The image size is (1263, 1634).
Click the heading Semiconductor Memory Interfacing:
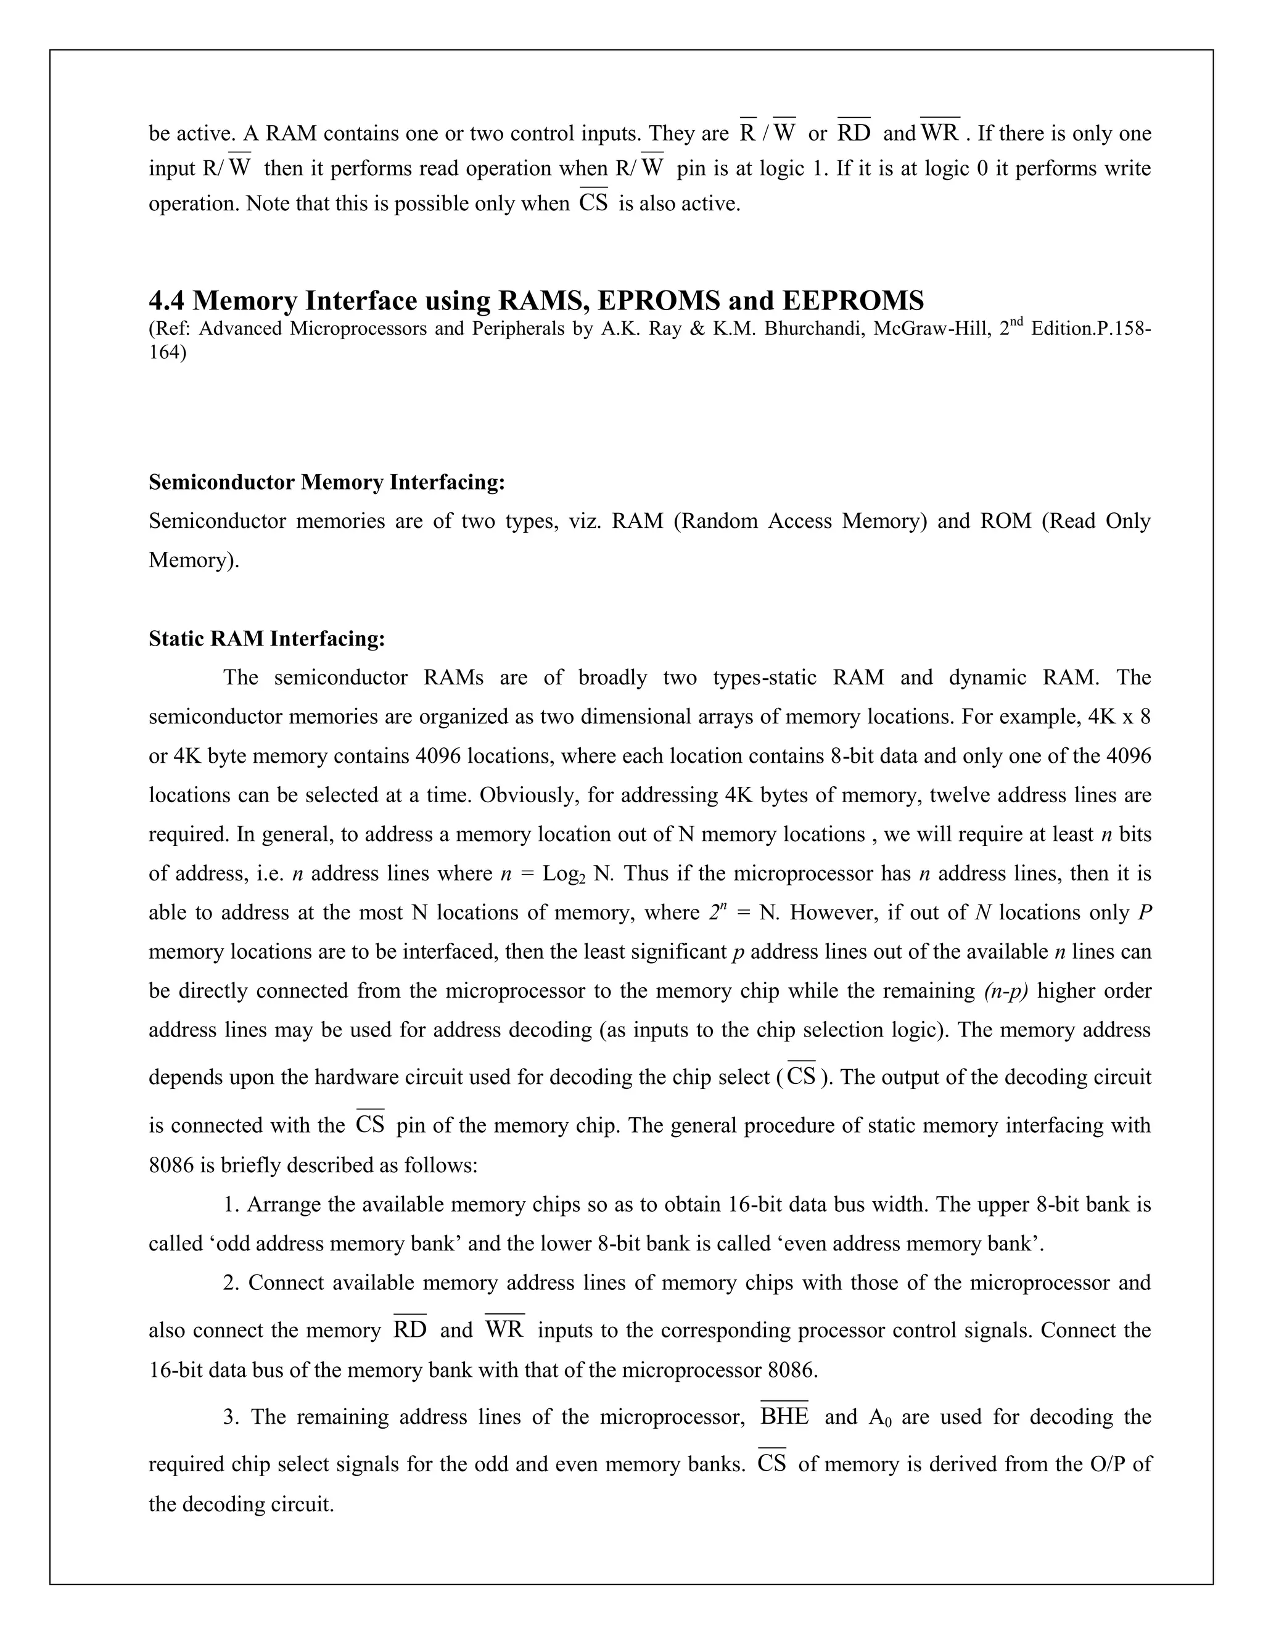(x=327, y=483)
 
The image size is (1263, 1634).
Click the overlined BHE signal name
(x=784, y=1417)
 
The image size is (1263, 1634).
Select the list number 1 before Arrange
(x=229, y=1205)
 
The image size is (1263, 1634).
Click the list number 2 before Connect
(x=231, y=1283)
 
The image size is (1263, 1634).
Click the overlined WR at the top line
(x=940, y=133)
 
